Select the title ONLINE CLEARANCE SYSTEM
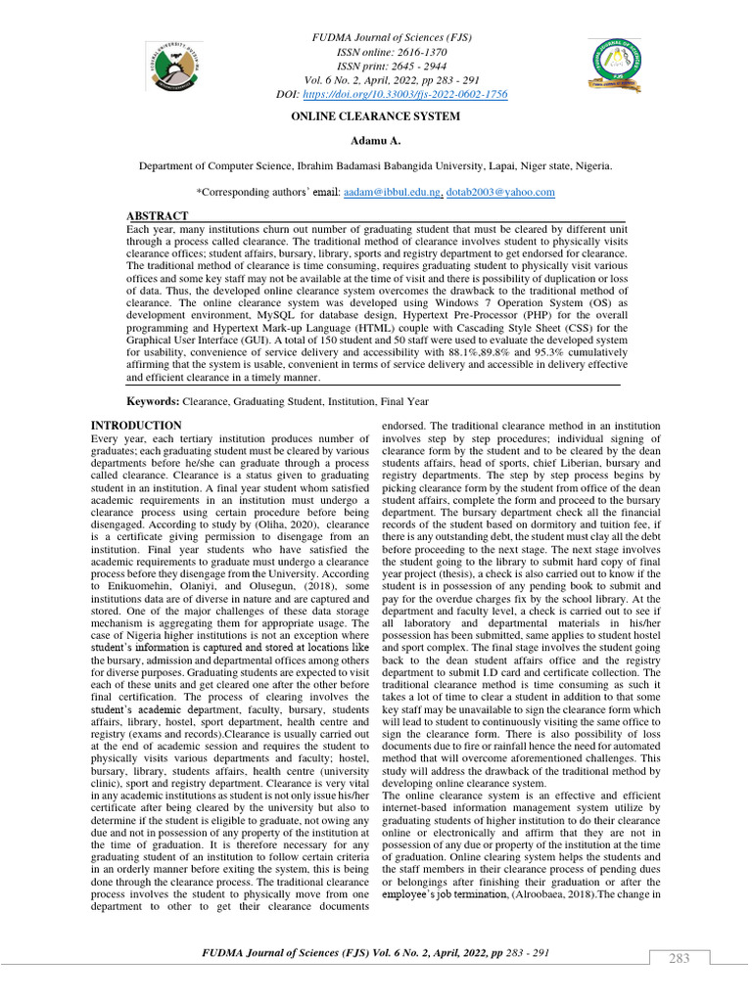point(375,116)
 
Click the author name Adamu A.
point(375,142)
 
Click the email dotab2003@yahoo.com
point(500,193)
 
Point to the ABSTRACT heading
point(158,215)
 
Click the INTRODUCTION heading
point(136,426)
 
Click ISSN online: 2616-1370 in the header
point(376,52)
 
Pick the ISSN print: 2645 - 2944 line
point(376,66)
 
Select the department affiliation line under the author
point(376,167)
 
